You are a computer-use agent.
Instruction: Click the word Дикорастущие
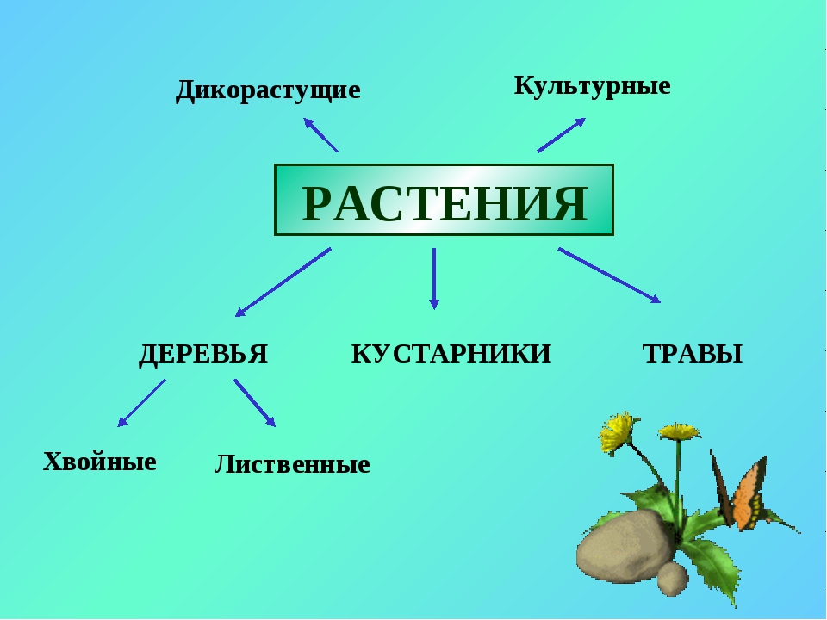coord(268,90)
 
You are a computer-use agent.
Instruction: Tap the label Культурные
coord(593,86)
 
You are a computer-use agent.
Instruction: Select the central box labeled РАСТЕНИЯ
coord(444,200)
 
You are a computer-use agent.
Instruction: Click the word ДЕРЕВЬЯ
coord(203,354)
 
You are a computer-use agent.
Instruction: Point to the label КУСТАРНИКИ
coord(451,354)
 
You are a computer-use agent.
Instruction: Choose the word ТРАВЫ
coord(693,354)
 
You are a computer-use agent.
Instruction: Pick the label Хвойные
coord(100,462)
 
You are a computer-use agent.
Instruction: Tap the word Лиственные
coord(292,464)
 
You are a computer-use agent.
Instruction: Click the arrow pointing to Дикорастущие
coord(320,135)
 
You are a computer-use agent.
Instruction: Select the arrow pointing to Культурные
coord(562,135)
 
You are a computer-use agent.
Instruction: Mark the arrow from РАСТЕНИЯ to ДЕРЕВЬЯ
coord(283,282)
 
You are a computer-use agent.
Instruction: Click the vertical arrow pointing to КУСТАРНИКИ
coord(434,278)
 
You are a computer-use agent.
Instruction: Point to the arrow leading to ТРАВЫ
coord(610,276)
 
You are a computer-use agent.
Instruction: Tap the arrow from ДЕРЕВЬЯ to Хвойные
coord(141,403)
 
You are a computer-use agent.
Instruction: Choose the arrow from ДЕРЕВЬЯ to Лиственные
coord(254,403)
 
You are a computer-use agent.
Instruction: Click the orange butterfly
coord(738,490)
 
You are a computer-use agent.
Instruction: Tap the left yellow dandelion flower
coord(617,431)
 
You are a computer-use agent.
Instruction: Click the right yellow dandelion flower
coord(678,431)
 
